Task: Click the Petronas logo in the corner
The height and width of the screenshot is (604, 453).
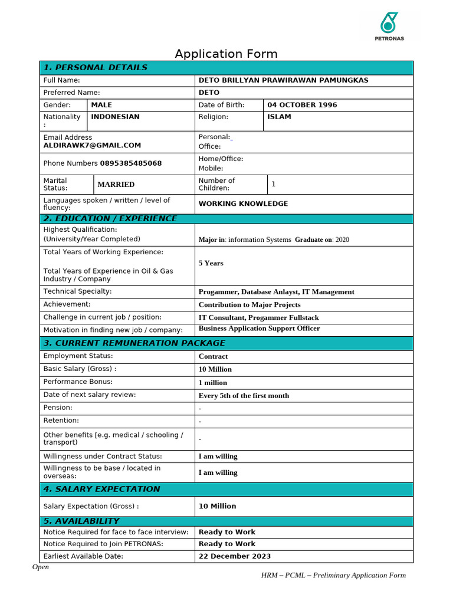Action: coord(389,27)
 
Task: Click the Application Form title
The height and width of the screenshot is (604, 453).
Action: coord(226,54)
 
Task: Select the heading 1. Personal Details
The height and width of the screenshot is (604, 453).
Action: coord(96,68)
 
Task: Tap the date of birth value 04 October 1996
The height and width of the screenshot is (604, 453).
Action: coord(302,105)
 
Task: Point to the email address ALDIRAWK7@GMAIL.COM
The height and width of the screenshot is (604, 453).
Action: coord(92,145)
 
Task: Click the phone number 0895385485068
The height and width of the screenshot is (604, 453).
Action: coord(131,163)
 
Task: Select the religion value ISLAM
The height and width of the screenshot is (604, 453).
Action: coord(279,117)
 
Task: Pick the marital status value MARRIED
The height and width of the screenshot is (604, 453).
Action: coord(116,185)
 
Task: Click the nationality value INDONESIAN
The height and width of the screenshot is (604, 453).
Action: coord(115,117)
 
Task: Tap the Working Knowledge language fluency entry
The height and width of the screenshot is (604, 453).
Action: coord(243,203)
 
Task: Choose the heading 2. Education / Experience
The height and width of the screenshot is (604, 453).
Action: coord(110,219)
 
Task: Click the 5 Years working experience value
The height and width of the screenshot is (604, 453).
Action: coord(211,263)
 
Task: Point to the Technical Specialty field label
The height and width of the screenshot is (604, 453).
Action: coord(77,291)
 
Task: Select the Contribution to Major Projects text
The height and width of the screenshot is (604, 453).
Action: coord(250,305)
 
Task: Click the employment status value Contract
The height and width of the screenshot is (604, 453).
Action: coord(213,356)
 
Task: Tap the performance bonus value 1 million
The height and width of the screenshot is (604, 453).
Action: coord(213,383)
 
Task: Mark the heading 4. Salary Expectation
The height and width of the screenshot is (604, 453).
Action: coord(101,489)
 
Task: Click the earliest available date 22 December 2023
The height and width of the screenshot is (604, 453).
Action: coord(235,556)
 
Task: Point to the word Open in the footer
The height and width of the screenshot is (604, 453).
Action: coord(41,567)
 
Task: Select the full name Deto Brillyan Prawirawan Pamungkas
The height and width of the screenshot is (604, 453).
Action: coord(291,80)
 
